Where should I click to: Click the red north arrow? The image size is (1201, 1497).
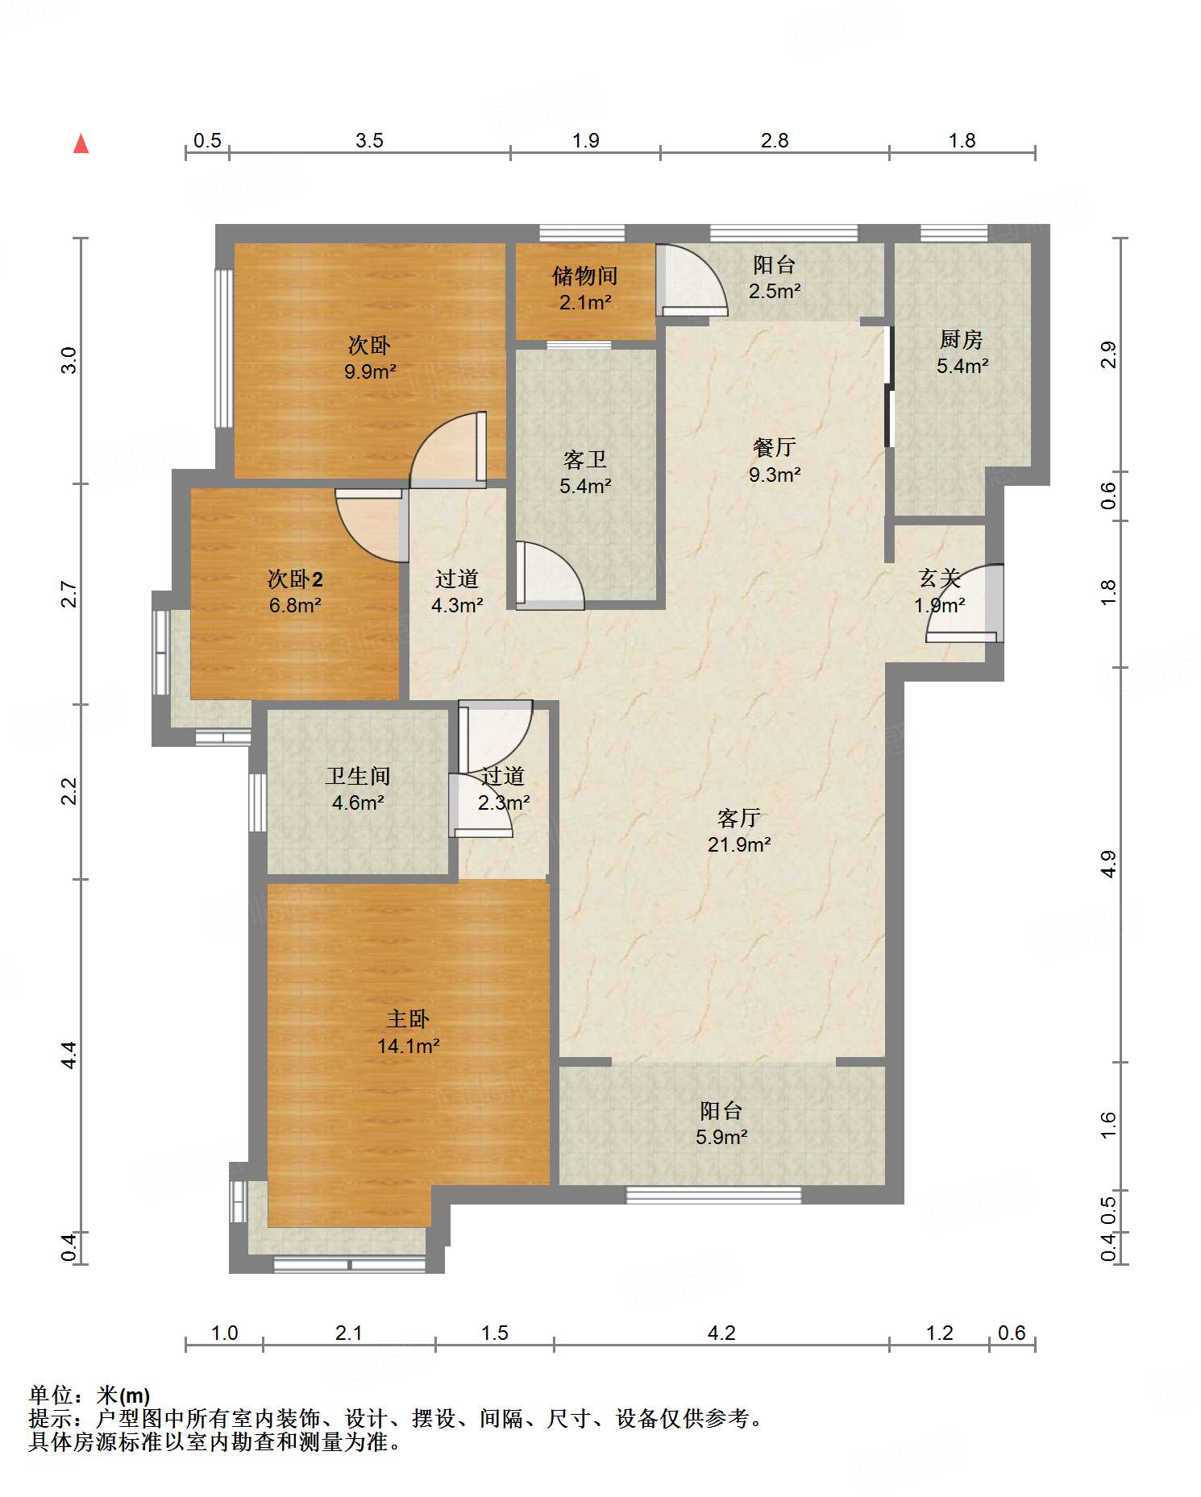(x=81, y=143)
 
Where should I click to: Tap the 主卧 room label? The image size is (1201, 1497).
(x=408, y=1019)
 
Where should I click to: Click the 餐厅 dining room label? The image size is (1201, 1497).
(x=775, y=447)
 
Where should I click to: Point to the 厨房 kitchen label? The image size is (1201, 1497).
(x=962, y=339)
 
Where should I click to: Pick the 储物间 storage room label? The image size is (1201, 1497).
(x=585, y=276)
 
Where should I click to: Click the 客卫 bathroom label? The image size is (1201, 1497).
(x=585, y=459)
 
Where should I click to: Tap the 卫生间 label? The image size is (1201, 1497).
(x=358, y=776)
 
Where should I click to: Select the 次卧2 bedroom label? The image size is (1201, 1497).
(x=295, y=578)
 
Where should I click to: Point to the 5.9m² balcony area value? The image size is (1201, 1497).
(x=721, y=1137)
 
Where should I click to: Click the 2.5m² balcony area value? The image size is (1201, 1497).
(x=775, y=291)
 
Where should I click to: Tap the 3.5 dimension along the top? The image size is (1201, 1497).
(x=369, y=140)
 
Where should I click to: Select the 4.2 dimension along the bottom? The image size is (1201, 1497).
(x=721, y=1333)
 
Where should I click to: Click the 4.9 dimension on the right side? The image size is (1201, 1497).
(x=1108, y=864)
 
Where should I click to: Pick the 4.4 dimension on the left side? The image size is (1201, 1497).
(x=69, y=1055)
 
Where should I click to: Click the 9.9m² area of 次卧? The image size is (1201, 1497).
(x=370, y=371)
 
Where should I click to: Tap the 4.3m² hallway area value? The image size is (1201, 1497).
(x=457, y=604)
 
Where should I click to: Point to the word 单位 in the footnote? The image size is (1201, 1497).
(x=51, y=1394)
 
